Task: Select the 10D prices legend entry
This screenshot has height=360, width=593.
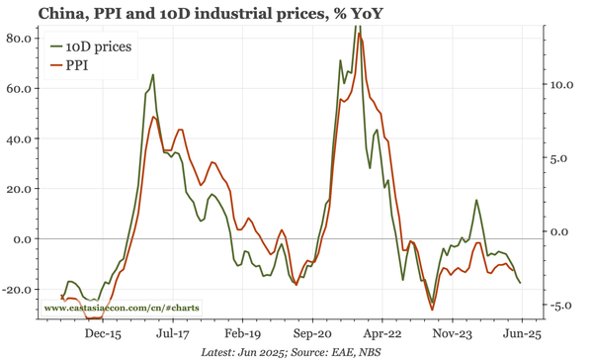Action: pyautogui.click(x=97, y=46)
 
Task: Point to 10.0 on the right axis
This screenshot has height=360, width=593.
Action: pyautogui.click(x=559, y=85)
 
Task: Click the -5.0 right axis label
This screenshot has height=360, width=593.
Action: pyautogui.click(x=559, y=306)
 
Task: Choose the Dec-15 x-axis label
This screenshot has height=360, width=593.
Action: pyautogui.click(x=102, y=334)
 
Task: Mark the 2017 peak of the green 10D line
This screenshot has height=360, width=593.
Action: pyautogui.click(x=152, y=74)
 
